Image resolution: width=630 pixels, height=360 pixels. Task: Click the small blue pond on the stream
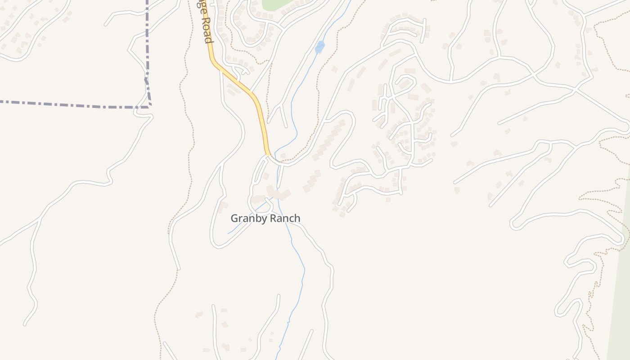pyautogui.click(x=319, y=47)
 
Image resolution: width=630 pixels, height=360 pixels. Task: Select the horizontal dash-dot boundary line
pyautogui.click(x=67, y=104)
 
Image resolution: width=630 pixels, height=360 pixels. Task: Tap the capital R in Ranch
pyautogui.click(x=273, y=218)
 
